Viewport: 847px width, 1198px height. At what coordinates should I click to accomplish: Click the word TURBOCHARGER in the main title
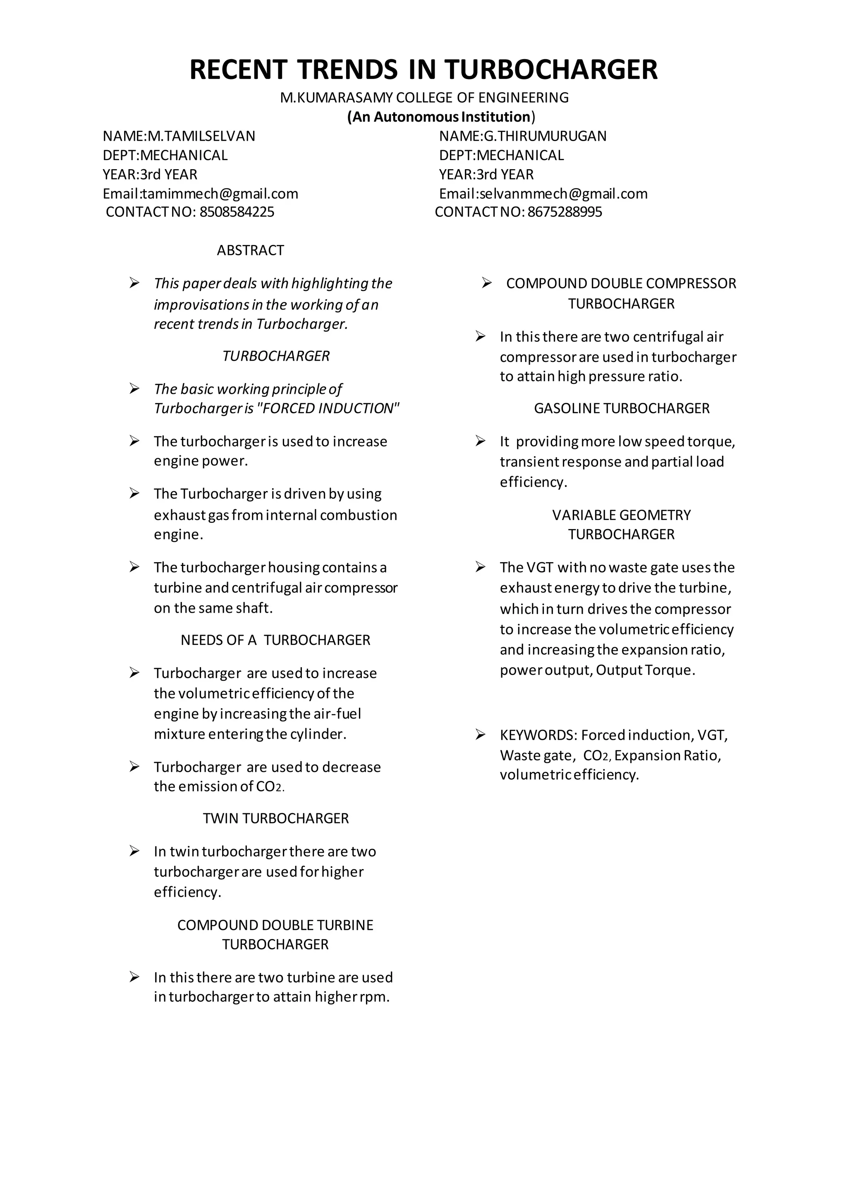point(551,70)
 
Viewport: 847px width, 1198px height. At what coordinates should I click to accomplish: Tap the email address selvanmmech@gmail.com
point(563,194)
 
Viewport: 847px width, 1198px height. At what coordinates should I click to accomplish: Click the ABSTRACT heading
point(250,250)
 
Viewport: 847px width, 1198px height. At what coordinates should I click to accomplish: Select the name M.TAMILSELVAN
point(201,136)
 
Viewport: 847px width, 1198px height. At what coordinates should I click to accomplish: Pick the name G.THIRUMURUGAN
point(545,136)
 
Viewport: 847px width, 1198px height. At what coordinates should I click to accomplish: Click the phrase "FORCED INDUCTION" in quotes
point(328,409)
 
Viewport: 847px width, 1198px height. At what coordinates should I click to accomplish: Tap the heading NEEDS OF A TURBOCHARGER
point(275,640)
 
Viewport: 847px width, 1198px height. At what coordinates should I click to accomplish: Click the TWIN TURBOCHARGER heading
point(275,819)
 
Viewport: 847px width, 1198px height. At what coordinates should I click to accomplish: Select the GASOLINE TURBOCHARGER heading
point(621,409)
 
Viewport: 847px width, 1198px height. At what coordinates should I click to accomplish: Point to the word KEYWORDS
point(538,736)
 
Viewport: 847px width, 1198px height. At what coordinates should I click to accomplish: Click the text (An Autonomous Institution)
point(441,117)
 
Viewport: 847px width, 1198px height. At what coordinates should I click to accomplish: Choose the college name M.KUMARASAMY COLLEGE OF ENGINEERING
point(424,98)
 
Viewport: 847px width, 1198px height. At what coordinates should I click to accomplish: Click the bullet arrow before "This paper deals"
point(134,283)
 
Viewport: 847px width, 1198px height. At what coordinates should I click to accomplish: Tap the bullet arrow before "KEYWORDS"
point(480,735)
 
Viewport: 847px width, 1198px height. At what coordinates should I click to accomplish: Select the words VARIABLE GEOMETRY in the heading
point(621,515)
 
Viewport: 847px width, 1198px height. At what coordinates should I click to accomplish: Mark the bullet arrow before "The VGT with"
point(480,567)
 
